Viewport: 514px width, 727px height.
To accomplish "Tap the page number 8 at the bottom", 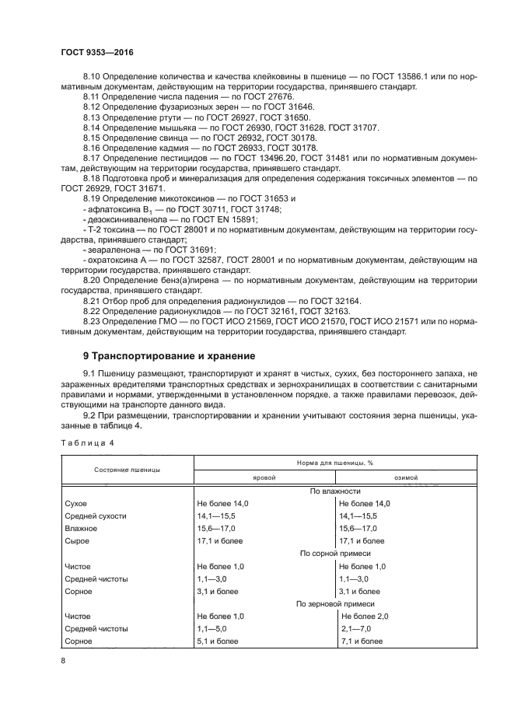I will [62, 660].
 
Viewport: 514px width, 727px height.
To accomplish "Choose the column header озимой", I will [406, 477].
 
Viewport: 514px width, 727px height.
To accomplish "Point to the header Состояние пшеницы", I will [128, 470].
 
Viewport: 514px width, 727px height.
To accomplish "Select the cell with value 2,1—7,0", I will [356, 628].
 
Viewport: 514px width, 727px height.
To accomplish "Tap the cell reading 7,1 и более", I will [362, 641].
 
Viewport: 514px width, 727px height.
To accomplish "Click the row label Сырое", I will [79, 540].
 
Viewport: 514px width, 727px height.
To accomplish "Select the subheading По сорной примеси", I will [335, 553].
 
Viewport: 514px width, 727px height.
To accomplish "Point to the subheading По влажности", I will [335, 491].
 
